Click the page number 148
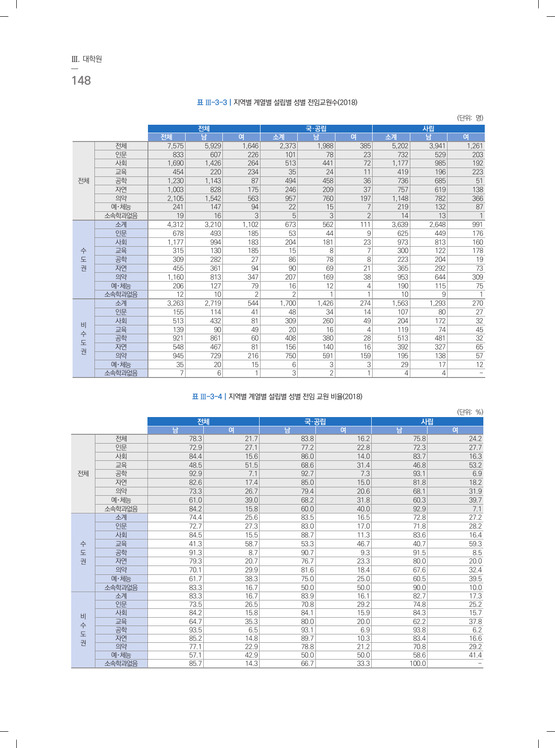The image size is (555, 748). click(81, 81)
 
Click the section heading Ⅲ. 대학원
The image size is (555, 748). click(87, 59)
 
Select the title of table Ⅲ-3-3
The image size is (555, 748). click(277, 102)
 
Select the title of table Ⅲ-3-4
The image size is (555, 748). click(277, 397)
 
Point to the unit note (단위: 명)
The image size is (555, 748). click(470, 118)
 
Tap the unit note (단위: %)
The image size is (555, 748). click(470, 412)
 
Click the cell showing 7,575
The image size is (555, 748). click(175, 146)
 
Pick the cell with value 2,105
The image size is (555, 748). click(175, 198)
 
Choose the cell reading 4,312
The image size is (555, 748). click(175, 224)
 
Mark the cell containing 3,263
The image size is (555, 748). click(175, 303)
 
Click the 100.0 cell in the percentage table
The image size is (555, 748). click(417, 663)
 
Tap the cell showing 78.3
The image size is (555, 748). click(195, 438)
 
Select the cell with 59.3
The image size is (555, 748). click(475, 544)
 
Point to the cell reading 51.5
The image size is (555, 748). click(251, 465)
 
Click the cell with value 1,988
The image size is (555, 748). click(325, 146)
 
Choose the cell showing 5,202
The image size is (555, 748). click(400, 146)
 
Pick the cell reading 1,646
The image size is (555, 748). click(250, 146)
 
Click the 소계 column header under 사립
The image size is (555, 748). click(391, 137)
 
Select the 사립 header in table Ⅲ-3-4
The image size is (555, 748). click(427, 422)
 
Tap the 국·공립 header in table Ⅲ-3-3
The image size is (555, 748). click(316, 128)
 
